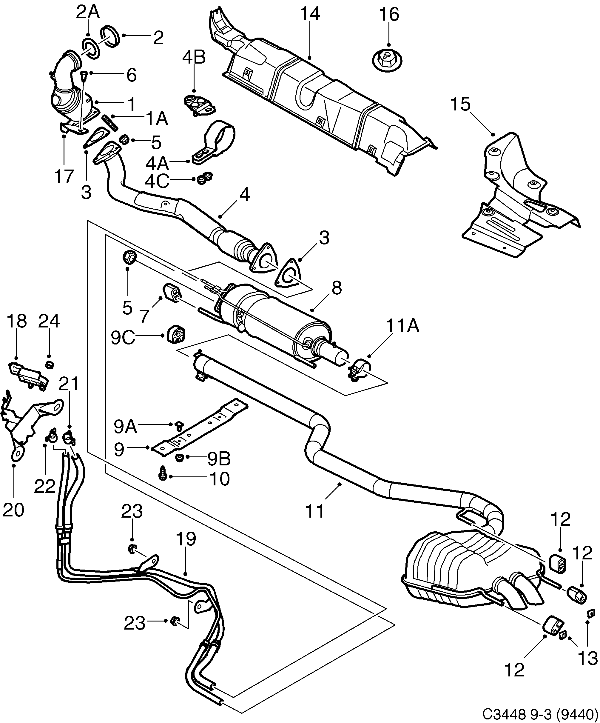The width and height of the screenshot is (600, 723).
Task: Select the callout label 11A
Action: click(402, 326)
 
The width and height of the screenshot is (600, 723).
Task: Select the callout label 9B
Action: click(219, 459)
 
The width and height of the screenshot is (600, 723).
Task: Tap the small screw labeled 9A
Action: click(178, 426)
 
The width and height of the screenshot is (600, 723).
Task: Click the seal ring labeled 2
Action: click(110, 36)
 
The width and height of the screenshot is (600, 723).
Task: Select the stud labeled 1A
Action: click(110, 123)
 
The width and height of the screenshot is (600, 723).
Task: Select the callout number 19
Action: click(186, 539)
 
